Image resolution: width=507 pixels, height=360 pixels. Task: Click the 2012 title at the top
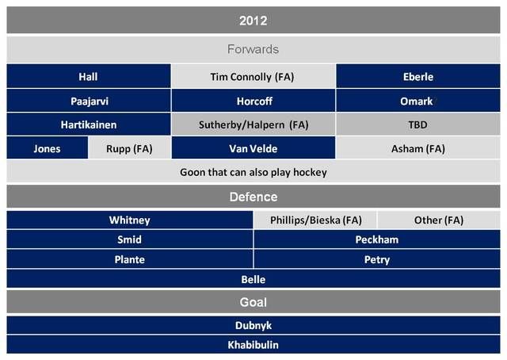coord(253,20)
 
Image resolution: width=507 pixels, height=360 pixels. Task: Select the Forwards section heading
coord(253,49)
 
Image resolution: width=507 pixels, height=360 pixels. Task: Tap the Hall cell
coord(89,76)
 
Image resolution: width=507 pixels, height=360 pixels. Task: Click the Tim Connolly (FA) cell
coord(253,76)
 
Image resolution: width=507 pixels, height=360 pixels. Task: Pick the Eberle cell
coord(418,76)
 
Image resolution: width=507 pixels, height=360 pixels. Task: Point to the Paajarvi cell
coord(89,101)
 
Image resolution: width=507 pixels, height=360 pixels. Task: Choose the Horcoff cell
coord(253,101)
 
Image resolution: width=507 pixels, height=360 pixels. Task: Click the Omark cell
coord(418,101)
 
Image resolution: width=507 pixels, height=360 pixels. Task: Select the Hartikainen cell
coord(89,124)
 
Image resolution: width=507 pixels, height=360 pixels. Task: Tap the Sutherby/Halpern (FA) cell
coord(253,124)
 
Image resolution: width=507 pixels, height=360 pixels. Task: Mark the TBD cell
coord(418,124)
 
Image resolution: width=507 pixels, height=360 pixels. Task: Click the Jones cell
coord(48,148)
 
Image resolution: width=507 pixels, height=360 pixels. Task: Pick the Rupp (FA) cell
coord(130,148)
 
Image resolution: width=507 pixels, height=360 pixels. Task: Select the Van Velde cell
coord(253,148)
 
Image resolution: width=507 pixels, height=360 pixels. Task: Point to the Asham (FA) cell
coord(418,148)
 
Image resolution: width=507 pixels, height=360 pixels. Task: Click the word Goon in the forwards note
coord(192,172)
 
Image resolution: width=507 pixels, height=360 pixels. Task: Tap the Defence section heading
coord(253,197)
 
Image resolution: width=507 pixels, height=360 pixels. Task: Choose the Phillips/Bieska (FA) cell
coord(315,220)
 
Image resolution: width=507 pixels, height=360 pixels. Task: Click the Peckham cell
coord(377,239)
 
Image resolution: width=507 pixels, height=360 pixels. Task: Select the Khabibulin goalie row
coord(253,345)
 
